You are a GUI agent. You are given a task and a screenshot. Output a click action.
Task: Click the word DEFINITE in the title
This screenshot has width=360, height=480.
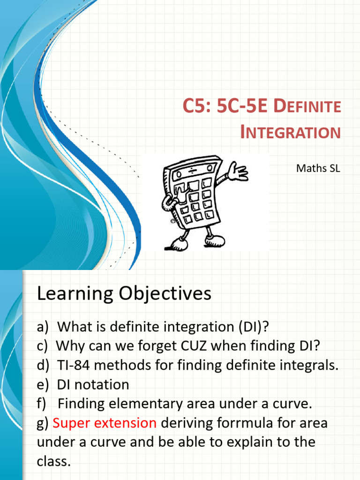(307, 106)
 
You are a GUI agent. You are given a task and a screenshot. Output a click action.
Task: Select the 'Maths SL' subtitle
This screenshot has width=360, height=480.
(318, 168)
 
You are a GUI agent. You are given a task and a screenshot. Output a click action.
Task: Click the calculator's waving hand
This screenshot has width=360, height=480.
(238, 172)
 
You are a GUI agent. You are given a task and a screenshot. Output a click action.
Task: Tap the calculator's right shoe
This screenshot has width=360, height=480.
(215, 240)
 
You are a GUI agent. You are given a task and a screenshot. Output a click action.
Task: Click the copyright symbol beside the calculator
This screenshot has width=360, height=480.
(172, 221)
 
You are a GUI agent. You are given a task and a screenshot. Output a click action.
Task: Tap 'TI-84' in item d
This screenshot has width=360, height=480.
(75, 365)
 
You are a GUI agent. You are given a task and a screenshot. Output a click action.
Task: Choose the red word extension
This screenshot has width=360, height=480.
(127, 423)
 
